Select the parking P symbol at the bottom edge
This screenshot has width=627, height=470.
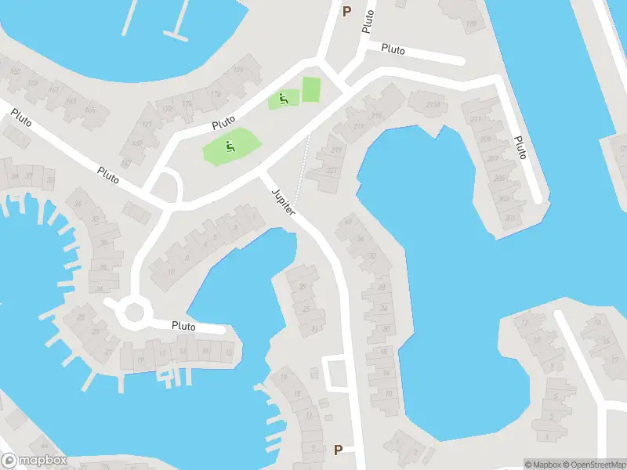339,450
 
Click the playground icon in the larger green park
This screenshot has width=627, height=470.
229,146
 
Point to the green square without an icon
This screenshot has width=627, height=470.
311,89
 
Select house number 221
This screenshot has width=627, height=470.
331,171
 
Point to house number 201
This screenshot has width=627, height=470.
512,217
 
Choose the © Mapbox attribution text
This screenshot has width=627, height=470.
543,465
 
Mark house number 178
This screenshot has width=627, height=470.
215,95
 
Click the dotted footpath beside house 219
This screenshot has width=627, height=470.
305,161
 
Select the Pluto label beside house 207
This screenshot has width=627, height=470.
519,147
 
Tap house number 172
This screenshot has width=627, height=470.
187,104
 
